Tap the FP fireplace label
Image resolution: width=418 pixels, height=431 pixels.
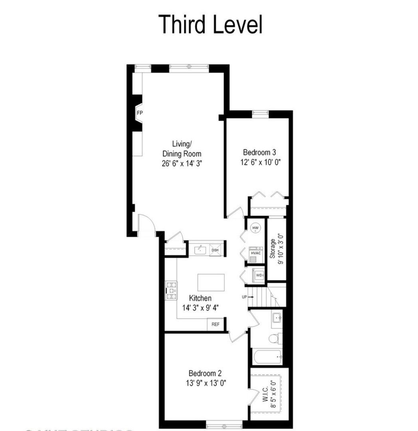pos(140,113)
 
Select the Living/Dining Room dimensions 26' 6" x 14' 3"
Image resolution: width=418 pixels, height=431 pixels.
pos(181,163)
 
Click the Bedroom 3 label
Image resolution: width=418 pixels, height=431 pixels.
pos(260,152)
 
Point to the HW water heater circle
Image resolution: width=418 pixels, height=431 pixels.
pos(256,228)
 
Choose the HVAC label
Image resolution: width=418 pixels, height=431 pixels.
pos(256,253)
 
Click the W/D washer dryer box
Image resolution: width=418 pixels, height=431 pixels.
pos(259,275)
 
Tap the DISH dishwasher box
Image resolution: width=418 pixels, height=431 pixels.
pos(215,250)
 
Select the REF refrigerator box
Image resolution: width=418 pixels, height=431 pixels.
pos(215,324)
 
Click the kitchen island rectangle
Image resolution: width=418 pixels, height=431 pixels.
pos(211,283)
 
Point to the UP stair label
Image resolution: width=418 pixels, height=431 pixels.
pos(244,297)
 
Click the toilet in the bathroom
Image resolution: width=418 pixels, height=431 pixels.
pos(274,339)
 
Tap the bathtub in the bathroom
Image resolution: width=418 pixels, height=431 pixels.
pos(267,356)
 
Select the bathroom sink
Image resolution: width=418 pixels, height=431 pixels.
pos(277,318)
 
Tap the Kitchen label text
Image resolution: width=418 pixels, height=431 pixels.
pos(200,298)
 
